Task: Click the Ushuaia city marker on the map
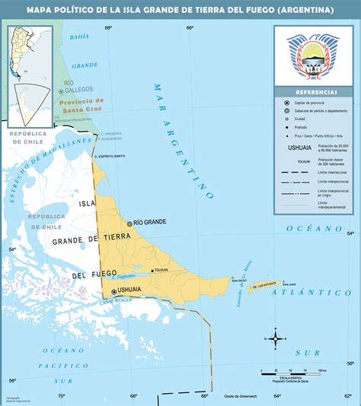pyautogui.click(x=115, y=290)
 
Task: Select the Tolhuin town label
pyautogui.click(x=161, y=270)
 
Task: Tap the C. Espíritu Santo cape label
pyautogui.click(x=110, y=155)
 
